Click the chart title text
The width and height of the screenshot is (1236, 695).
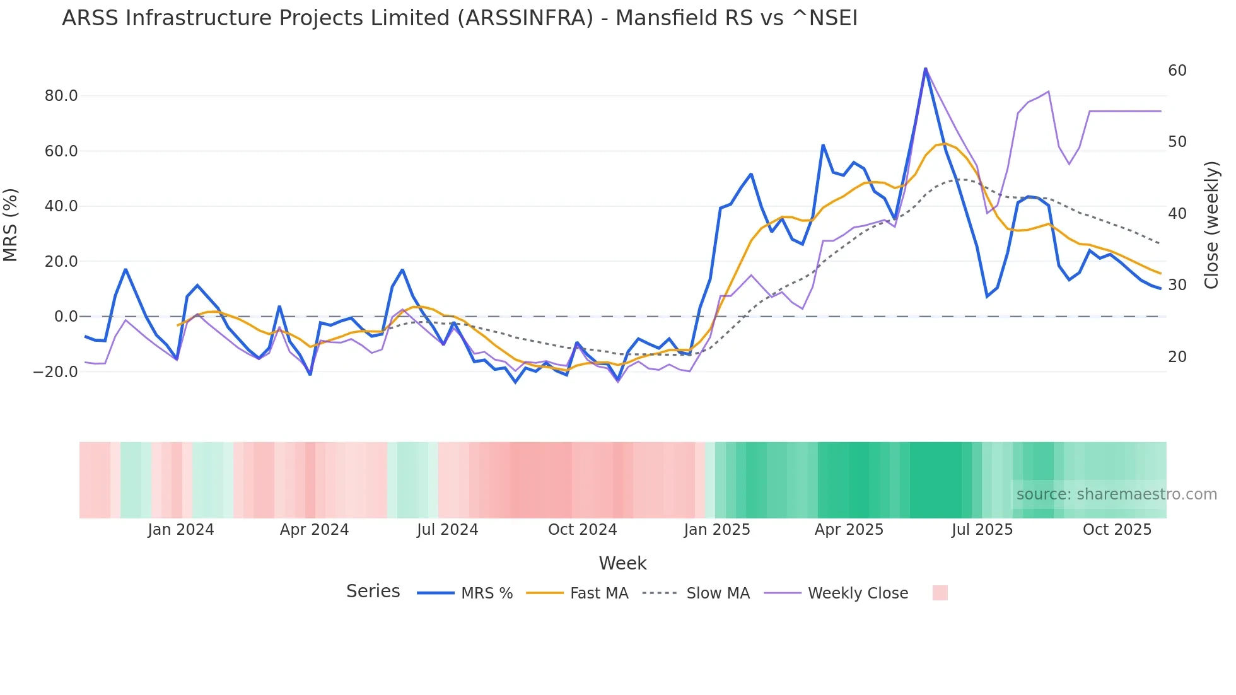coord(459,18)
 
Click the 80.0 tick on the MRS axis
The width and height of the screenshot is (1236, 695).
coord(61,96)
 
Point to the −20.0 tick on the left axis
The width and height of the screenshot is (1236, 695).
coord(55,371)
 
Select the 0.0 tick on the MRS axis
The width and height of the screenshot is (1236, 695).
coord(66,317)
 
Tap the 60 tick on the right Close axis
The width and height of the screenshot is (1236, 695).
coord(1177,71)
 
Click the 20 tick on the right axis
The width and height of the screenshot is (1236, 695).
coord(1177,357)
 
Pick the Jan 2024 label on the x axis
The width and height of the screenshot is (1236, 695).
coord(181,530)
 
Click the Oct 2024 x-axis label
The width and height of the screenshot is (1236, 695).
coord(582,530)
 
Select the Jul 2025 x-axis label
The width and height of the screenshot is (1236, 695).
coord(982,530)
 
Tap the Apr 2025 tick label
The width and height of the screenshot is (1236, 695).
coord(849,530)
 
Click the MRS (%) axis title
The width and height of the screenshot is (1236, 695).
coord(11,225)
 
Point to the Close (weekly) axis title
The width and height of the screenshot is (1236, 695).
coord(1211,225)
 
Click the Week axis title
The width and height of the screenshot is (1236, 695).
coord(622,563)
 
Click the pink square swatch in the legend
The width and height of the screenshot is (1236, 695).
coord(940,593)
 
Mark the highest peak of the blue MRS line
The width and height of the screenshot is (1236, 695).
coord(925,69)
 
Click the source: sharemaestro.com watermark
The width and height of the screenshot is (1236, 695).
coord(1116,494)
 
